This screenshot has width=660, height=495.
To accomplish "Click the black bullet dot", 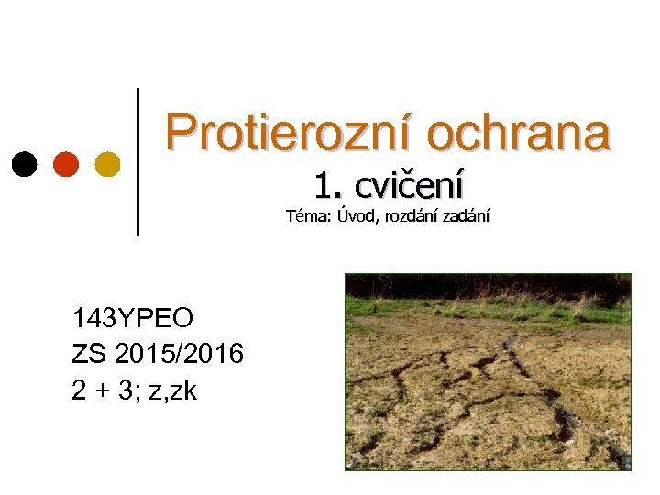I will point(26,164).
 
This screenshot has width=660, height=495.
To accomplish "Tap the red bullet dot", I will point(66,164).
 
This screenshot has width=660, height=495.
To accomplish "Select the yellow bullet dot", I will point(107,164).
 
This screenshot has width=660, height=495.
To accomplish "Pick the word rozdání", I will point(410,217).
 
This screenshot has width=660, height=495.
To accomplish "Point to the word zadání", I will point(467,217).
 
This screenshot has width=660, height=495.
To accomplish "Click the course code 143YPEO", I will point(133,319).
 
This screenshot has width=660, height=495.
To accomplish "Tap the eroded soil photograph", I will point(488,371).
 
